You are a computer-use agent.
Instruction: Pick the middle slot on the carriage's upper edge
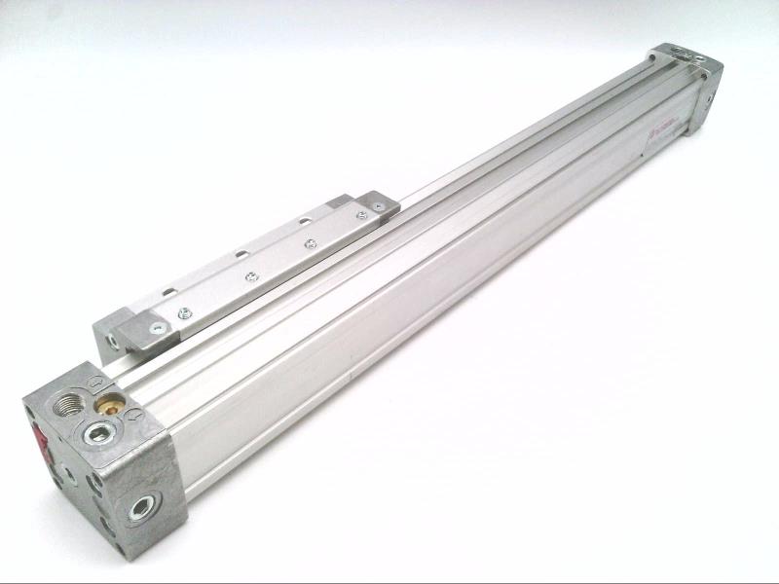(x=239, y=254)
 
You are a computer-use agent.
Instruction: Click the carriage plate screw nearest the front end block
(x=181, y=312)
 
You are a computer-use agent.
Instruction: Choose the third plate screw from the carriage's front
(x=311, y=243)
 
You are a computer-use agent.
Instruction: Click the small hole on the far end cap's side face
(x=708, y=97)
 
